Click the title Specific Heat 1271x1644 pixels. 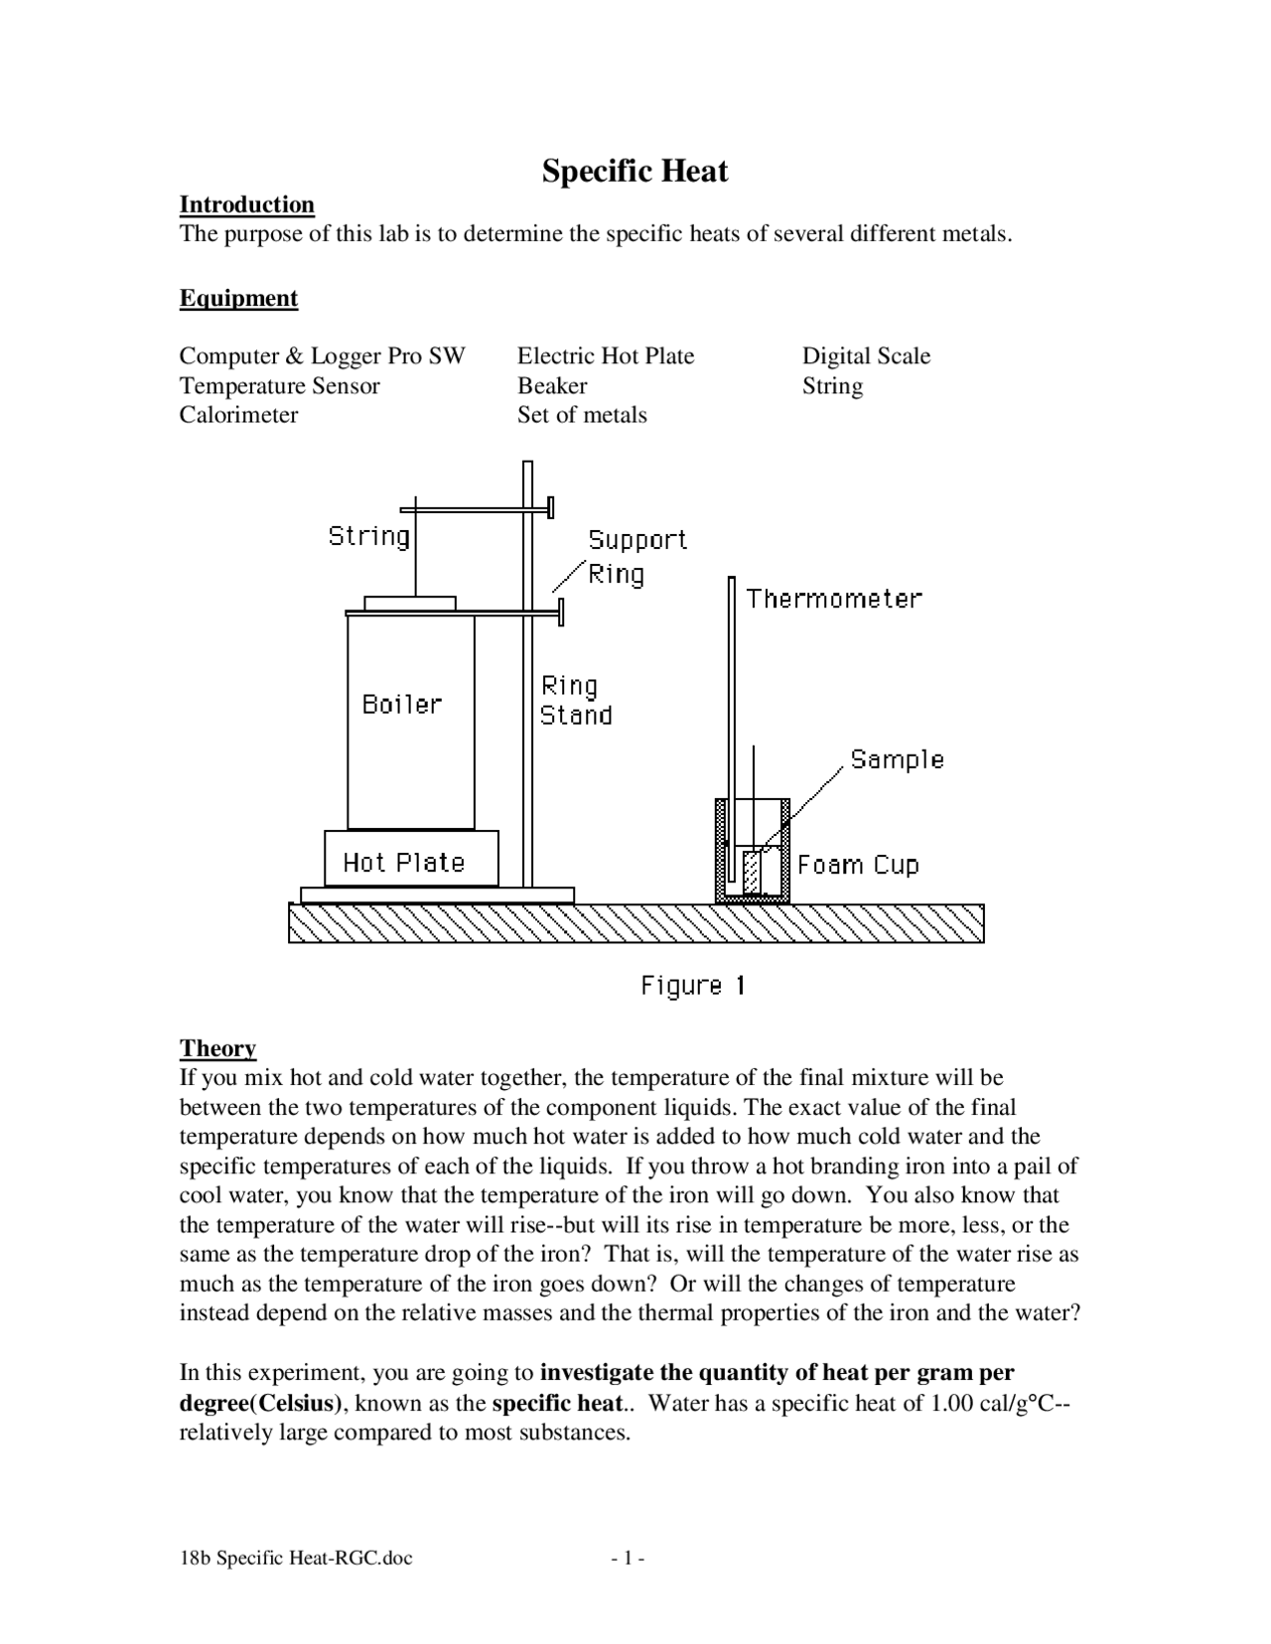click(x=635, y=171)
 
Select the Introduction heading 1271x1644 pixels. click(x=246, y=205)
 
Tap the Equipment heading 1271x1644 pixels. click(x=238, y=298)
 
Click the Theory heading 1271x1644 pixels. click(x=217, y=1048)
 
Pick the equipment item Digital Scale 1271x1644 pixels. click(x=866, y=355)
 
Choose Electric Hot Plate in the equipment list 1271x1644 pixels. click(x=605, y=355)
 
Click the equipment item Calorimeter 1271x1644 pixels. click(x=238, y=414)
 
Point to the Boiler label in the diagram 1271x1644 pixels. click(x=402, y=704)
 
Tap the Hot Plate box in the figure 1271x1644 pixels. click(x=410, y=860)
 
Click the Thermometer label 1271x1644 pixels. click(x=834, y=599)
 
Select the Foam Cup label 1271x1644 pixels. click(x=858, y=865)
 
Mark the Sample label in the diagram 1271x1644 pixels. click(x=897, y=759)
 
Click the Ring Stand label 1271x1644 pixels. click(x=575, y=700)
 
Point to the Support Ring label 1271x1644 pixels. click(x=635, y=556)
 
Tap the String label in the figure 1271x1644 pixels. click(x=368, y=536)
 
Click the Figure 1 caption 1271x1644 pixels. click(x=692, y=985)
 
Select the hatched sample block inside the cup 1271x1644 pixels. click(x=753, y=873)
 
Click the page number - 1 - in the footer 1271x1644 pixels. click(x=629, y=1558)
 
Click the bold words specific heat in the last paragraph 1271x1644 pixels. click(x=557, y=1403)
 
